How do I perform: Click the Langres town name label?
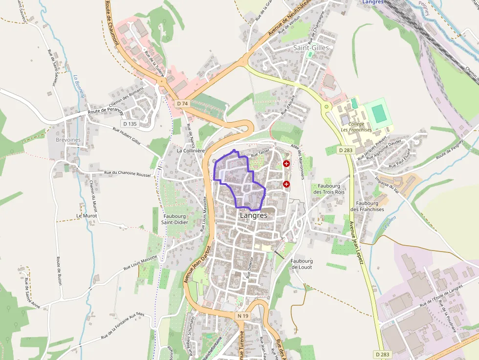(254, 215)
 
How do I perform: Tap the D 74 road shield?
(182, 104)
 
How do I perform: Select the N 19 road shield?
(242, 317)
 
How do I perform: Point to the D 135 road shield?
(131, 124)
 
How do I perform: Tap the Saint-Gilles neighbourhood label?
(311, 48)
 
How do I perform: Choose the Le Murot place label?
(87, 215)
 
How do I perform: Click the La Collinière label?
(190, 151)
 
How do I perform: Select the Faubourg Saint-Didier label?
(175, 219)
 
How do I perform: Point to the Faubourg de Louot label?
(302, 264)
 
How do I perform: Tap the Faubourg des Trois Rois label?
(328, 189)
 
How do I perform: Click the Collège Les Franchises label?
(356, 127)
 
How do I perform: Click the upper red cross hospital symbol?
(286, 164)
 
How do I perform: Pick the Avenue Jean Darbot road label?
(197, 264)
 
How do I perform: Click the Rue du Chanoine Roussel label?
(128, 173)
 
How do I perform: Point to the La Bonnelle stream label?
(78, 86)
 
